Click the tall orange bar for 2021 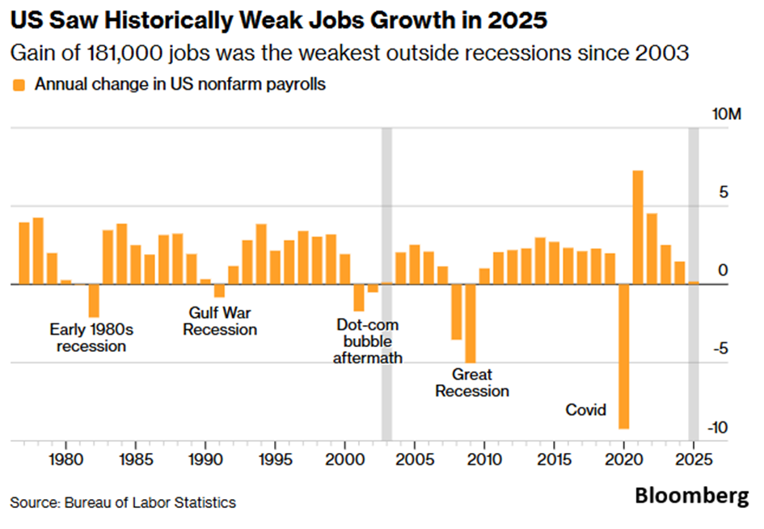pyautogui.click(x=638, y=227)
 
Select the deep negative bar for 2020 pyautogui.click(x=623, y=356)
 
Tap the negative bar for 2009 pyautogui.click(x=470, y=324)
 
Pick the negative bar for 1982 pyautogui.click(x=94, y=300)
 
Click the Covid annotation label pyautogui.click(x=586, y=410)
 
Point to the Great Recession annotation pyautogui.click(x=472, y=383)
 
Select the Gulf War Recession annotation pyautogui.click(x=220, y=321)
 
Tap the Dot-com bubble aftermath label pyautogui.click(x=367, y=341)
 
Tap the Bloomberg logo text pyautogui.click(x=691, y=495)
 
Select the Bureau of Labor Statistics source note pyautogui.click(x=123, y=502)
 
